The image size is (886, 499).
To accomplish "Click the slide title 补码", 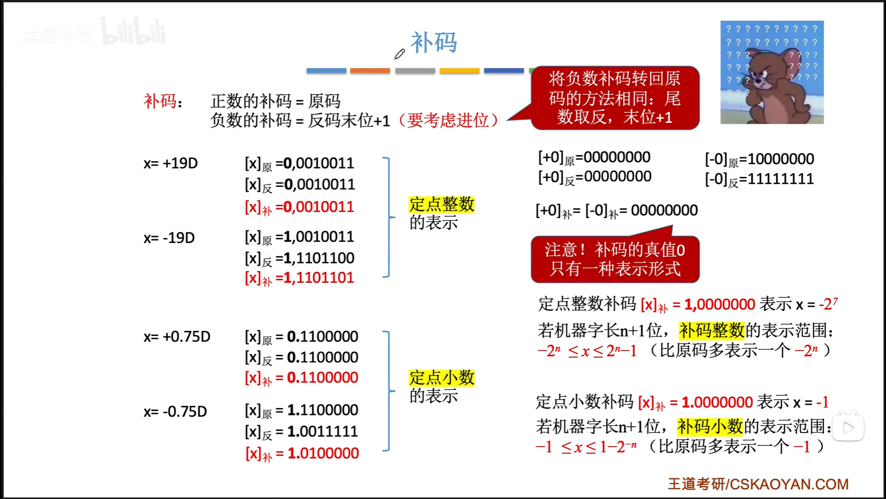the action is coord(433,43).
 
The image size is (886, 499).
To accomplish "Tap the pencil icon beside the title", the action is coord(400,54).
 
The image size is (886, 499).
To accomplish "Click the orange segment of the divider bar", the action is coord(370,71).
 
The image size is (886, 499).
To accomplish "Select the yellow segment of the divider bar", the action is coord(459,71).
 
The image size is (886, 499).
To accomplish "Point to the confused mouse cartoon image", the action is coord(772,73).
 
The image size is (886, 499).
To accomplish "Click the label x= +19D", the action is coord(170,163).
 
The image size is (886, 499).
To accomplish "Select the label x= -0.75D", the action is coord(175,411).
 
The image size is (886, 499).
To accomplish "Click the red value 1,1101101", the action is coord(318,278).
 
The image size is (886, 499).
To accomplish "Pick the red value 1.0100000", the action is coord(323,453).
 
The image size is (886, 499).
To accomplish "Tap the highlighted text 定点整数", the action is coord(442,204).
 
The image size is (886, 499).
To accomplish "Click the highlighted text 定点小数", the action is coord(442,377).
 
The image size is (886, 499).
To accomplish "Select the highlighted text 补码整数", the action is coord(712,330).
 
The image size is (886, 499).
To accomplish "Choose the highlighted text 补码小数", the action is coord(710,426).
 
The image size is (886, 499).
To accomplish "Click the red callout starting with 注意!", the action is coord(615,259).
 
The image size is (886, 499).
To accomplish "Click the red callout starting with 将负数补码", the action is coord(615,98).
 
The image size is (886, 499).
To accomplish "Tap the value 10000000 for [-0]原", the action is coord(780,159).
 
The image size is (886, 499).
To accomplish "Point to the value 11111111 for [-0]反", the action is coord(780,179).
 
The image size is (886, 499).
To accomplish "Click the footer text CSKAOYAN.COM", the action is coord(789,484).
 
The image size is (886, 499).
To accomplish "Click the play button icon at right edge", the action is coord(848,428).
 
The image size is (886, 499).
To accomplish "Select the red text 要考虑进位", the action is coord(448,120).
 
